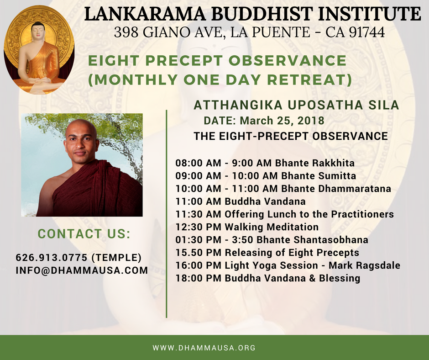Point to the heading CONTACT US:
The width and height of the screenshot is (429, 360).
84,234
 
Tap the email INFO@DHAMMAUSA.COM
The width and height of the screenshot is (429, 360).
82,270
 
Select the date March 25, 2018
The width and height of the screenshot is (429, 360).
282,121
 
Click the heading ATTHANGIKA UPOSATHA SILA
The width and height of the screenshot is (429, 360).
296,105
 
